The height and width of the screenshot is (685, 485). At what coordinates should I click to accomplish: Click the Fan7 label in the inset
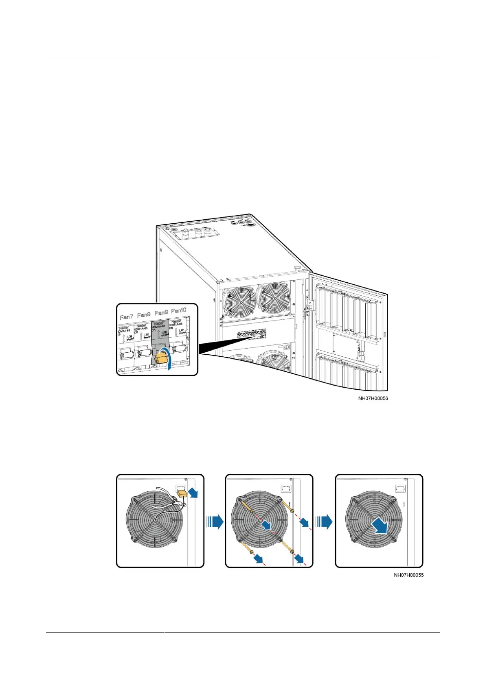[126, 316]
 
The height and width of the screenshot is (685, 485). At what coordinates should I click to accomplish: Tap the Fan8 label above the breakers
[144, 315]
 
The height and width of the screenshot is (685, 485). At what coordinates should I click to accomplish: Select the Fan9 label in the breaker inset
[161, 313]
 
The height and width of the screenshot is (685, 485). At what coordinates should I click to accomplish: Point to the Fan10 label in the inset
[178, 311]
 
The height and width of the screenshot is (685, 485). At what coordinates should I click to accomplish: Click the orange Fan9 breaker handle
[162, 358]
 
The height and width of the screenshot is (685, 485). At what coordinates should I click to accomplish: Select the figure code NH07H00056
[373, 398]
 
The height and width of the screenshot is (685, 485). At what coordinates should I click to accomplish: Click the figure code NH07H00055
[408, 575]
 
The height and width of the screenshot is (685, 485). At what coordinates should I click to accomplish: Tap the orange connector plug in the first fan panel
[182, 493]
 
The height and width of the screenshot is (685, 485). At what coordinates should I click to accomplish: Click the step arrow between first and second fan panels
[215, 521]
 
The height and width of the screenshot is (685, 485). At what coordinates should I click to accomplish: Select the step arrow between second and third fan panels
[324, 521]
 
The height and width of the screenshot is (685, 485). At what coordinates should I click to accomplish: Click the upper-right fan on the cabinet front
[274, 297]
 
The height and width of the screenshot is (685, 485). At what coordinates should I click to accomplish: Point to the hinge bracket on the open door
[311, 304]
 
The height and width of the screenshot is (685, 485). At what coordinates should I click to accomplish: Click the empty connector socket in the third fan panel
[400, 489]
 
